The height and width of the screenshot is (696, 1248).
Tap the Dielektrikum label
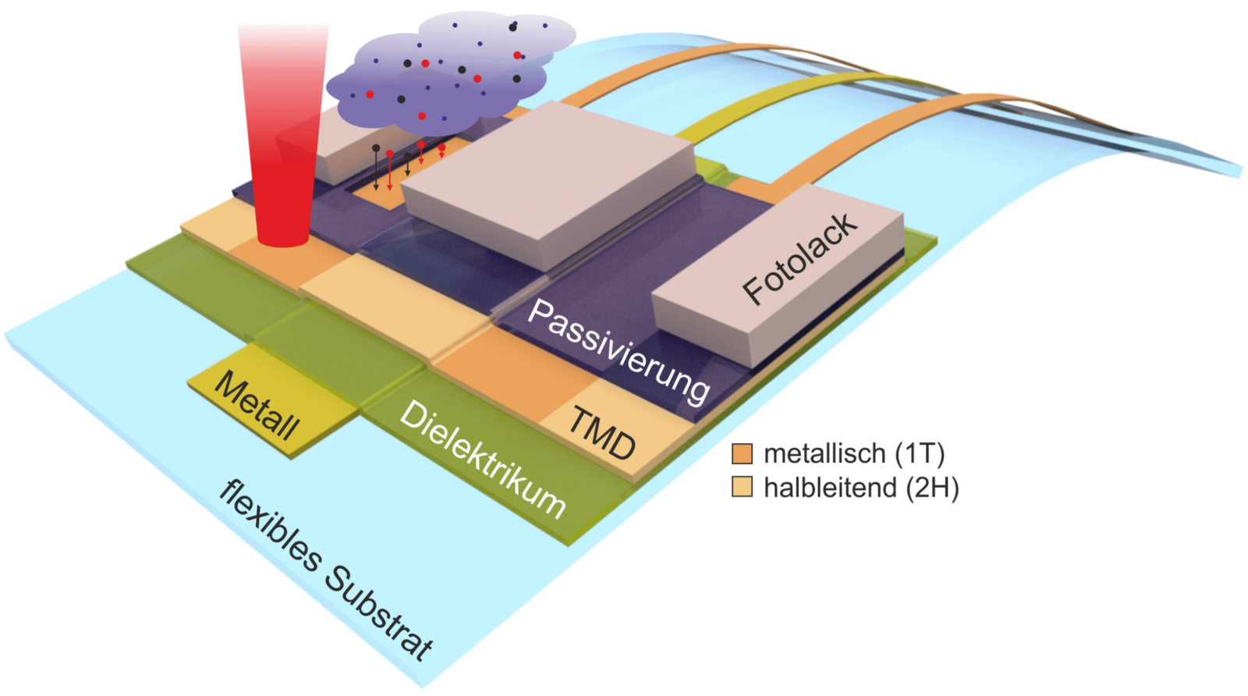point(481,460)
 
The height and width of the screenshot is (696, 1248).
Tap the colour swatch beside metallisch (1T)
point(741,453)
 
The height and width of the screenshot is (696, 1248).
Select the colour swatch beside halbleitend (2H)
point(741,488)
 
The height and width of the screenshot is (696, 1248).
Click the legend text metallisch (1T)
point(854,453)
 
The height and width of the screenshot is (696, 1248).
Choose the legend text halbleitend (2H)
point(862,488)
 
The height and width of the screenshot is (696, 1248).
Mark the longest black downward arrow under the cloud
point(376,168)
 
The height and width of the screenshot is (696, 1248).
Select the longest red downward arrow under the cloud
point(389,172)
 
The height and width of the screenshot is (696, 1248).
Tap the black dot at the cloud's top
point(512,27)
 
